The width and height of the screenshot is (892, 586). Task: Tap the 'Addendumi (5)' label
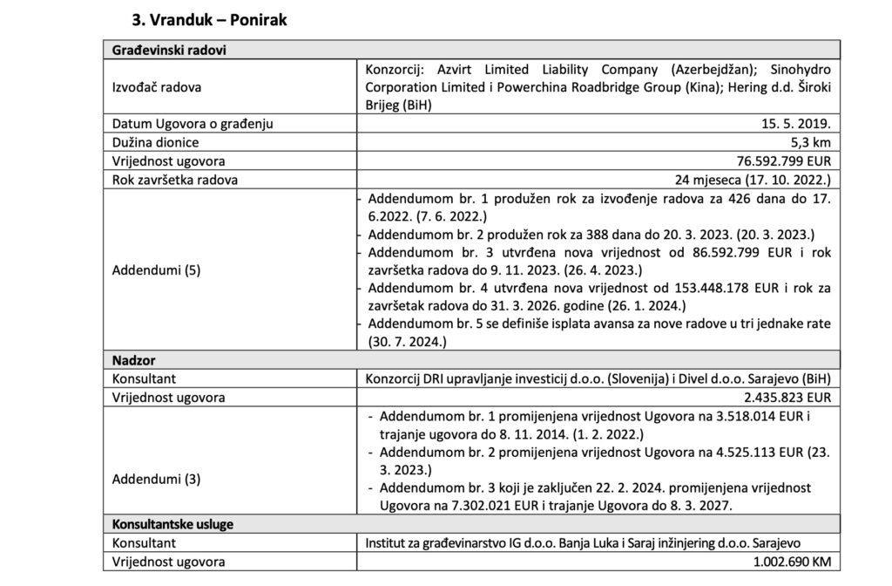pyautogui.click(x=156, y=269)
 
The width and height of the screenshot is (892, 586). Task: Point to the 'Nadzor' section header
pyautogui.click(x=133, y=359)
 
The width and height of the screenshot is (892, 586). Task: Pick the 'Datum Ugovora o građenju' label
pyautogui.click(x=193, y=124)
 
